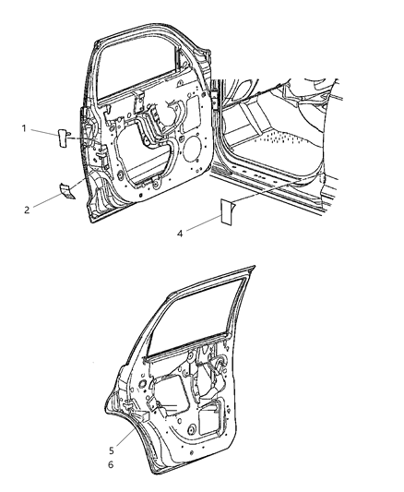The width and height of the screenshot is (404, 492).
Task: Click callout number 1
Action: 24,128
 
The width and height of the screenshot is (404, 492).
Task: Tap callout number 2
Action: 27,210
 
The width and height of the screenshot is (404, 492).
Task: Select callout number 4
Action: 180,234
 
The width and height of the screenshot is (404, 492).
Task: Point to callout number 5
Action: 112,450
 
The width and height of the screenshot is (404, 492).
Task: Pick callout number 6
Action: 111,464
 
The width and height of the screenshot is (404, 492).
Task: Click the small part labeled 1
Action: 63,138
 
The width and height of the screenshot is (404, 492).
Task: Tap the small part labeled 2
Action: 67,191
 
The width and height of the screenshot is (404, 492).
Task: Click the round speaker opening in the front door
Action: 192,148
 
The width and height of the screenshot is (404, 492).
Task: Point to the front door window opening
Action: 138,70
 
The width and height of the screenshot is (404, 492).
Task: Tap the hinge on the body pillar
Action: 215,101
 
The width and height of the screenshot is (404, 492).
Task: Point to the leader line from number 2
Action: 47,201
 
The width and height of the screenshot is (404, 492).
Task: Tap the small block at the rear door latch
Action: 145,416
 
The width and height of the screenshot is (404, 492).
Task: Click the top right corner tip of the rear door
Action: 255,267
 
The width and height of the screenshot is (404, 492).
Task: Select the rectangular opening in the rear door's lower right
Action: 209,419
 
